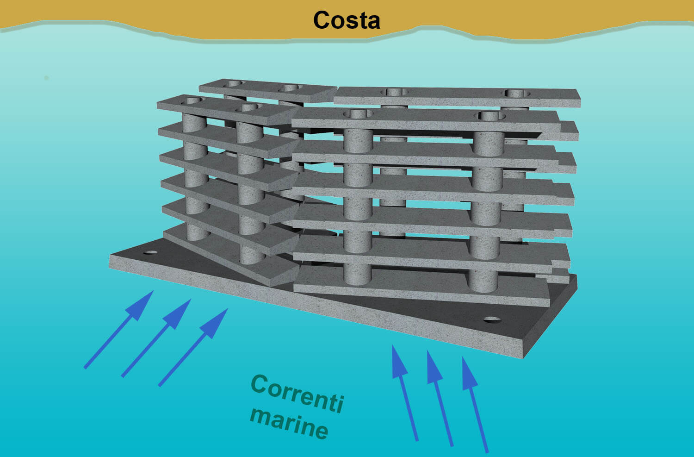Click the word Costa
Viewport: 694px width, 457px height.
347,20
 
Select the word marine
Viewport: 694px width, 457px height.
289,423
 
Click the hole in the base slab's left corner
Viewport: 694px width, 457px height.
151,253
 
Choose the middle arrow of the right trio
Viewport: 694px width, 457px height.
440,398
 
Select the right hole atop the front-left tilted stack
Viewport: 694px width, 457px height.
249,107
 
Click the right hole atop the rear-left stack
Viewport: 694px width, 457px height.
291,88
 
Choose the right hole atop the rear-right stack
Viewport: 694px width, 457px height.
517,93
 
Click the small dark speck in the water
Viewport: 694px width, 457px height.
46,78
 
